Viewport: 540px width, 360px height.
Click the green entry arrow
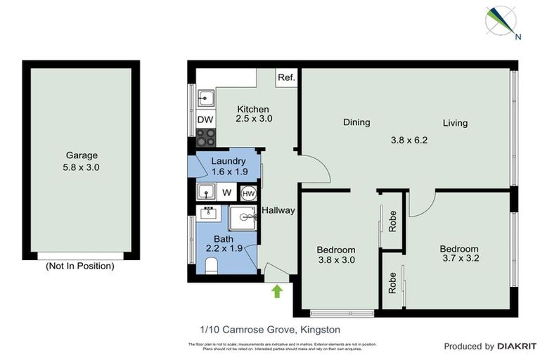(277, 290)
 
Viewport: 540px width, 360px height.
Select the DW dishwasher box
(205, 120)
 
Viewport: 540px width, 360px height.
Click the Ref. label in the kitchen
(287, 78)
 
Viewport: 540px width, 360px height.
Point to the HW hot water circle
(248, 193)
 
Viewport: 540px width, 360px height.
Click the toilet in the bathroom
(210, 265)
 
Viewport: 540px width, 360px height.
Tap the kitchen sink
(205, 98)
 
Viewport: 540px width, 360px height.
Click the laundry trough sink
(205, 191)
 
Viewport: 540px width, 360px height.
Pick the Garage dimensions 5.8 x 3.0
(82, 168)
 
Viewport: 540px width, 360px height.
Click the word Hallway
(278, 210)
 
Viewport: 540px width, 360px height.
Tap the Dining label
(356, 123)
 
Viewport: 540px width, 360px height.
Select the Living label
(455, 124)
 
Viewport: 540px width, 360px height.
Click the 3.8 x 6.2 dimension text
(409, 140)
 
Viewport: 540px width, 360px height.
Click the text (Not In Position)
(79, 266)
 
